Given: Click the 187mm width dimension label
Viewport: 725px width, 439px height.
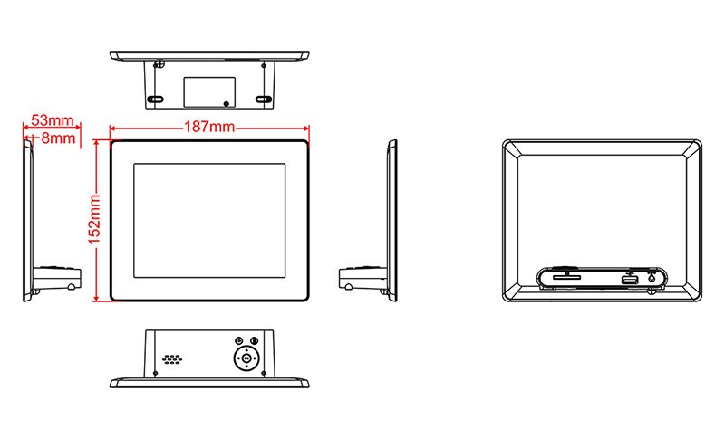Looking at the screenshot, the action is coord(209,127).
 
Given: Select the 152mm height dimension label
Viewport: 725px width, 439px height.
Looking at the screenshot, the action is coord(94,220).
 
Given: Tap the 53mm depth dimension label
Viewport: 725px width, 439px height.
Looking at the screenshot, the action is coord(53,120).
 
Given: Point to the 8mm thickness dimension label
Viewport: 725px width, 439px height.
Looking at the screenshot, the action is coord(58,138).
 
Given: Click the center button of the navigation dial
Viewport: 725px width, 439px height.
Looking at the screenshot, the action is coord(246,358).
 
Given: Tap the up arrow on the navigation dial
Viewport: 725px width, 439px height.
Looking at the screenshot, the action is coord(246,350).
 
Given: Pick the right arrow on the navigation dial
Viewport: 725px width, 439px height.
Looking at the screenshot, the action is coord(256,358).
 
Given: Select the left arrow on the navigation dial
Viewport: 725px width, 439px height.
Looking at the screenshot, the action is coord(238,358).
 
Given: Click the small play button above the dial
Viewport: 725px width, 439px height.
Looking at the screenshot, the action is coord(238,340).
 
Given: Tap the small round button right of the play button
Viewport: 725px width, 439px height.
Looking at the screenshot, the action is coord(255,340).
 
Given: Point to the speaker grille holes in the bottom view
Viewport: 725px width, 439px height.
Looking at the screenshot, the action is coord(172,359).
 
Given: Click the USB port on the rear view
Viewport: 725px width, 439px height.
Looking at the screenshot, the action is coord(630,280).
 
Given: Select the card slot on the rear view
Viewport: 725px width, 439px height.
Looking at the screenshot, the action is coord(567,278).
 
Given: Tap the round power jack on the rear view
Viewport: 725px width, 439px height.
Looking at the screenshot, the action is coord(652,278).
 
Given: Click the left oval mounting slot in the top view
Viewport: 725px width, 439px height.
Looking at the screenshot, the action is coord(155,100).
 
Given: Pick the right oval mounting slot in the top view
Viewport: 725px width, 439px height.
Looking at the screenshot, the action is coord(264,100).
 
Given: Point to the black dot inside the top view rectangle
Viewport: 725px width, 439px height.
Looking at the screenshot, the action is coord(226,104).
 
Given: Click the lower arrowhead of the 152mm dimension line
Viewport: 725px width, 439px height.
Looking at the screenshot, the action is coord(96,298).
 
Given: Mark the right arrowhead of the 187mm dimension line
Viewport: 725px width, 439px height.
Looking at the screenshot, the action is coord(305,129).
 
